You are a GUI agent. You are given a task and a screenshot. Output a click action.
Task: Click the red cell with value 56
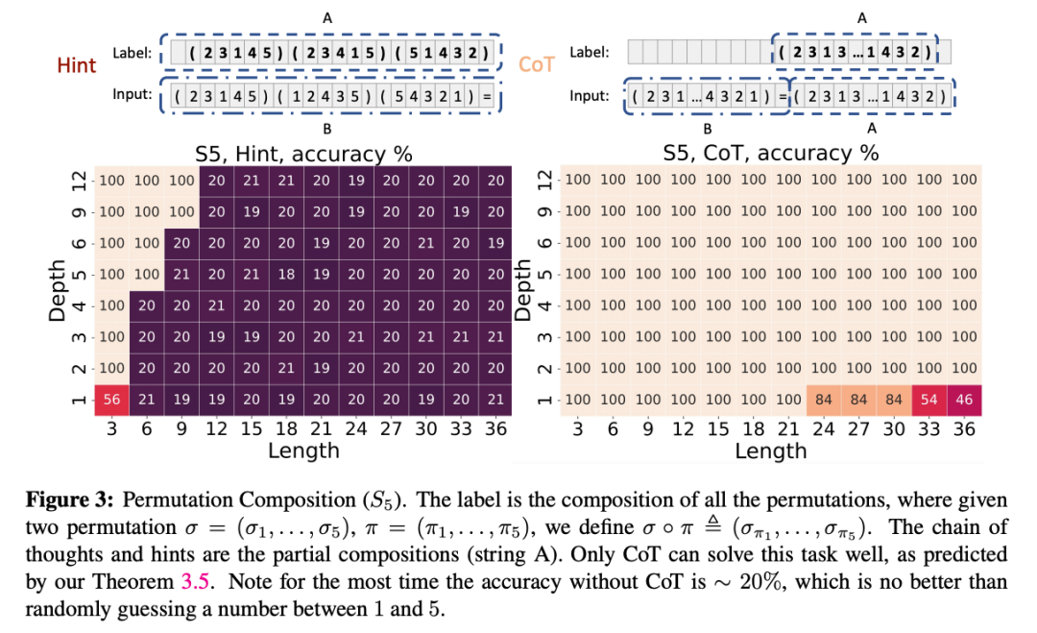tap(111, 400)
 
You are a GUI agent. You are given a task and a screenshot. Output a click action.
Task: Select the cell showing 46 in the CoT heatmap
tap(964, 400)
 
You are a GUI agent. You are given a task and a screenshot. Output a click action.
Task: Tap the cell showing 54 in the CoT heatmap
tap(929, 400)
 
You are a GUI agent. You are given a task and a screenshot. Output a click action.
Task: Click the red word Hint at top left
tap(77, 65)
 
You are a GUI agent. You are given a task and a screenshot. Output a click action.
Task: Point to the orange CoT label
tap(537, 65)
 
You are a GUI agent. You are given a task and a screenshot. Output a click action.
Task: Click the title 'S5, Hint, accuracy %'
tap(303, 153)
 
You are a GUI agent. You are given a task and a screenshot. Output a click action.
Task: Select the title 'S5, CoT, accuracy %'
tap(771, 153)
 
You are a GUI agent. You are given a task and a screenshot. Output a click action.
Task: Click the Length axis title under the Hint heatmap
tap(303, 450)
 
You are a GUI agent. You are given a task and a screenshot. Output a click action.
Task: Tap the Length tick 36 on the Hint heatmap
tap(496, 428)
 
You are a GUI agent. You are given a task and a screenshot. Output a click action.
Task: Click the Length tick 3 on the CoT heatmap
tap(579, 428)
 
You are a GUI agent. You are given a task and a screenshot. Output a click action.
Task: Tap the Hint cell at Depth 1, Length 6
tap(147, 400)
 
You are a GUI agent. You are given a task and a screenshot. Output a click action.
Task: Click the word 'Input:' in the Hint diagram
tap(133, 96)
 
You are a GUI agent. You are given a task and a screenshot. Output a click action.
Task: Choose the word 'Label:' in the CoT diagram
tap(590, 52)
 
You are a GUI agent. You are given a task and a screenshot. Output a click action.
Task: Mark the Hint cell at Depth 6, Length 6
tap(147, 243)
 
